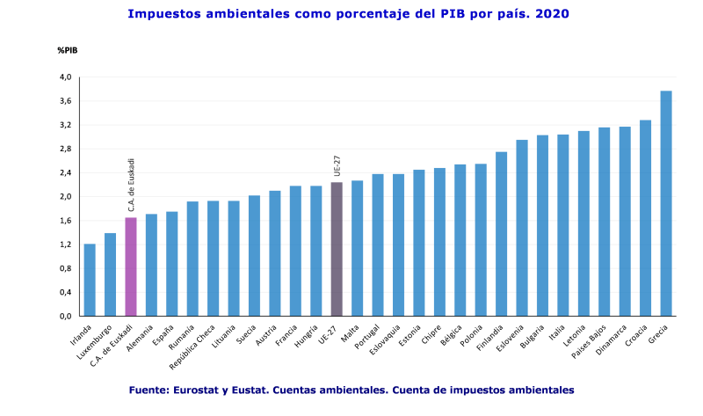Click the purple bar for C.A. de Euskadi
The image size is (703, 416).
(131, 266)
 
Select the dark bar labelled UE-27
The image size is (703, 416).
(337, 248)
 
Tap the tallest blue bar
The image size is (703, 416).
(666, 203)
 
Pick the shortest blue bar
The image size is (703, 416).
(90, 280)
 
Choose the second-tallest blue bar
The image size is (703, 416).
(646, 217)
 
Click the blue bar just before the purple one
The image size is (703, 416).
(110, 274)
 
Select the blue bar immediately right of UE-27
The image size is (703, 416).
(358, 247)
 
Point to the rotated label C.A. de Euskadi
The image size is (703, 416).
(132, 185)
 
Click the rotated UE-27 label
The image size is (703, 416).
(337, 165)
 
